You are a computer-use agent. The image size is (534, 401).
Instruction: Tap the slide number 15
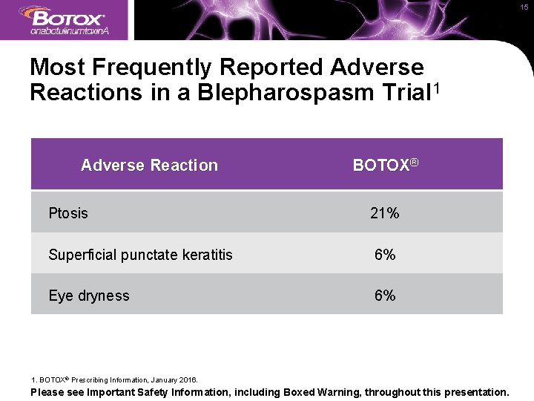[524, 7]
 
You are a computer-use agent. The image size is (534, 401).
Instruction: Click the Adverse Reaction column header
[149, 166]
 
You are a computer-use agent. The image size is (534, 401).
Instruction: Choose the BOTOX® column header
[386, 165]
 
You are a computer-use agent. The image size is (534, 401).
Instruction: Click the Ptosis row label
[68, 214]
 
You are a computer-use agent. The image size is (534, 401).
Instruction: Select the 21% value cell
[385, 214]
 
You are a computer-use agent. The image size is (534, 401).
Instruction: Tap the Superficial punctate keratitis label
[140, 255]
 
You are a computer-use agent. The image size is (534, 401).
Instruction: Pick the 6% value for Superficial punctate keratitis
[385, 255]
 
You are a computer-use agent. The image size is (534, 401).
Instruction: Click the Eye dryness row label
[89, 296]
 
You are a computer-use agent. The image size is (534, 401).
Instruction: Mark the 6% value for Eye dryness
[385, 296]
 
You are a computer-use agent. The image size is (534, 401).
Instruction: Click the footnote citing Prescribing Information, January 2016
[114, 379]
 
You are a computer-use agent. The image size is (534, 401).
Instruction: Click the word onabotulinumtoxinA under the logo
[70, 31]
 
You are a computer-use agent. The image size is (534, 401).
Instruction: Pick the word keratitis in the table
[208, 255]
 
